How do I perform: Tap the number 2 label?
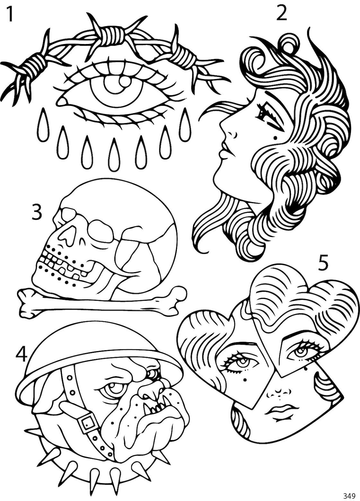pyautogui.click(x=282, y=14)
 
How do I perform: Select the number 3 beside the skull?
pyautogui.click(x=37, y=212)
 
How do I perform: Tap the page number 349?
pyautogui.click(x=348, y=494)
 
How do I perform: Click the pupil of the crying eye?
pyautogui.click(x=115, y=85)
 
